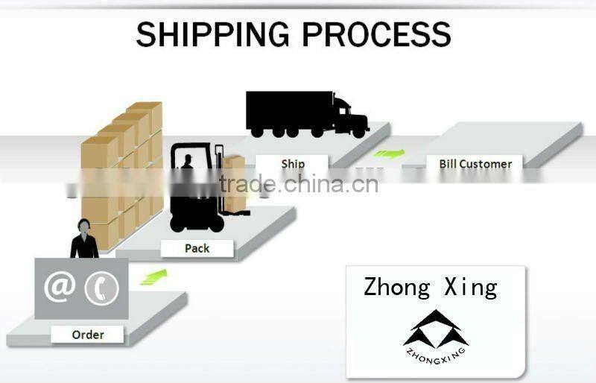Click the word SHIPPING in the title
pyautogui.click(x=212, y=34)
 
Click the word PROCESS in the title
pyautogui.click(x=377, y=34)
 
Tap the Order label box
pyautogui.click(x=87, y=335)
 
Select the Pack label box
pyautogui.click(x=197, y=248)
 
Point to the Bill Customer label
pyautogui.click(x=475, y=163)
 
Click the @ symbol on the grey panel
pyautogui.click(x=60, y=288)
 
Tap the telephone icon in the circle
pyautogui.click(x=101, y=288)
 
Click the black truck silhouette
pyautogui.click(x=308, y=115)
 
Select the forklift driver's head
pyautogui.click(x=188, y=158)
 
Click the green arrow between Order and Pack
pyautogui.click(x=153, y=277)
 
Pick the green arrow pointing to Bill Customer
pyautogui.click(x=389, y=153)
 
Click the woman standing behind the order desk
pyautogui.click(x=84, y=239)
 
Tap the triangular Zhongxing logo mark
pyautogui.click(x=436, y=329)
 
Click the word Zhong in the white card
pyautogui.click(x=397, y=287)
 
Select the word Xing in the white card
pyautogui.click(x=471, y=287)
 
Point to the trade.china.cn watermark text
pyautogui.click(x=299, y=184)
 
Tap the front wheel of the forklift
pyautogui.click(x=216, y=224)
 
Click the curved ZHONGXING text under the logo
pyautogui.click(x=436, y=356)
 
